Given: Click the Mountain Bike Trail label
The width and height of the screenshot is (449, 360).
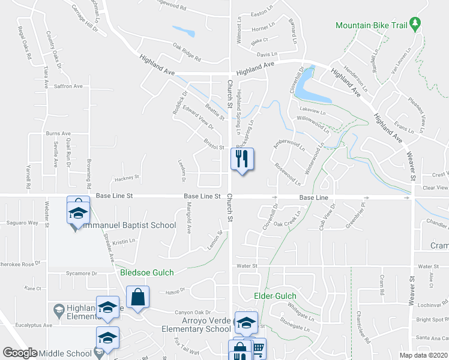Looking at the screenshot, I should [x=371, y=25].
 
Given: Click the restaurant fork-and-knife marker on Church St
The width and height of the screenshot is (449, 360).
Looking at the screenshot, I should [x=243, y=160].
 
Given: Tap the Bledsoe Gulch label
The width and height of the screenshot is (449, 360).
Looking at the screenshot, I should [x=147, y=272].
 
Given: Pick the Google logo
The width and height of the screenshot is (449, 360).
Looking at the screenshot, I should [x=20, y=353].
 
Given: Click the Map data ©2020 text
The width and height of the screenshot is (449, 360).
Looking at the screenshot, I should [x=423, y=355].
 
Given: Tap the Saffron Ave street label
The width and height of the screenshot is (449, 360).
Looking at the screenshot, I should [x=68, y=86].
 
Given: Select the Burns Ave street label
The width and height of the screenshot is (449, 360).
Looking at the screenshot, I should [x=58, y=134].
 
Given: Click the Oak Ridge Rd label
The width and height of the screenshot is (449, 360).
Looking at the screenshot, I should [x=187, y=54].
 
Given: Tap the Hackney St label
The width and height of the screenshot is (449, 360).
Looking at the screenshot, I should [x=127, y=178].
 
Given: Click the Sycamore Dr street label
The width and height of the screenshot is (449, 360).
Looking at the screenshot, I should [x=82, y=274].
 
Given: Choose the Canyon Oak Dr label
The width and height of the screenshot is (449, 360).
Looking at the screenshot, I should [x=193, y=312].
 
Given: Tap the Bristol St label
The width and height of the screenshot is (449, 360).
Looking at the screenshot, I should [x=214, y=147].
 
